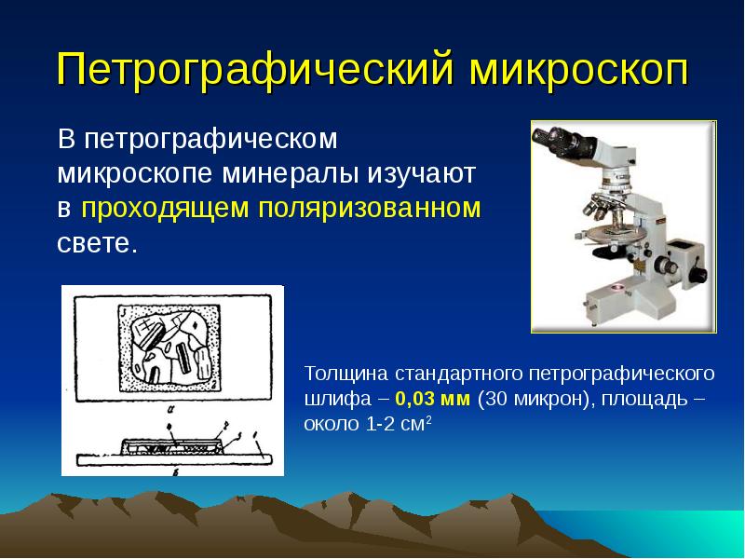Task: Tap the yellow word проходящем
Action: pyautogui.click(x=165, y=208)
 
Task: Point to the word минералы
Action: pyautogui.click(x=290, y=173)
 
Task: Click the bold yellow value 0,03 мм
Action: pyautogui.click(x=432, y=399)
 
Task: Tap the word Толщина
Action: pyautogui.click(x=346, y=374)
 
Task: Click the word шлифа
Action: pyautogui.click(x=338, y=399)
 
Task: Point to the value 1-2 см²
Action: pyautogui.click(x=399, y=423)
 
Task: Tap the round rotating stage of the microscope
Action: pyautogui.click(x=612, y=235)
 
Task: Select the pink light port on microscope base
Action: pyautogui.click(x=618, y=287)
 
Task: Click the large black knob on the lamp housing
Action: pyautogui.click(x=698, y=274)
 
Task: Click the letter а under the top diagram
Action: pyautogui.click(x=169, y=407)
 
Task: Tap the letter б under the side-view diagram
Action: pyautogui.click(x=175, y=471)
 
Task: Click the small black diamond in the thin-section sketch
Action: pyautogui.click(x=196, y=325)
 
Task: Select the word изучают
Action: pyautogui.click(x=422, y=173)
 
